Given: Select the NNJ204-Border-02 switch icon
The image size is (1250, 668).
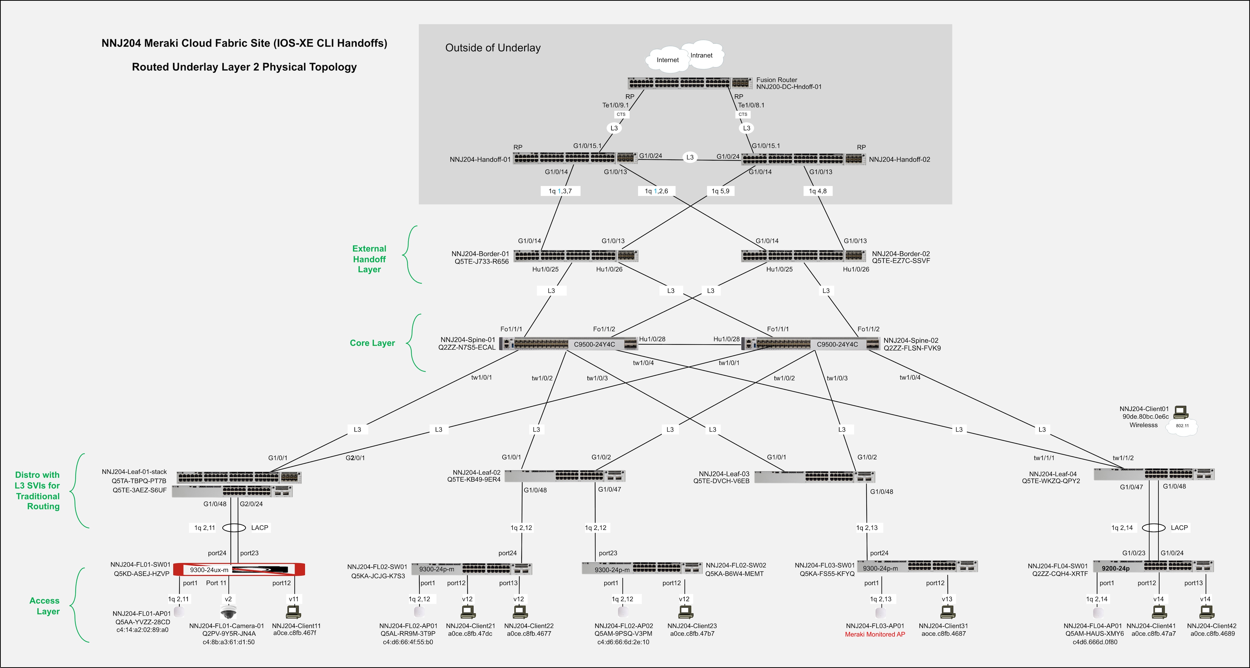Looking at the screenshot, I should point(803,255).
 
